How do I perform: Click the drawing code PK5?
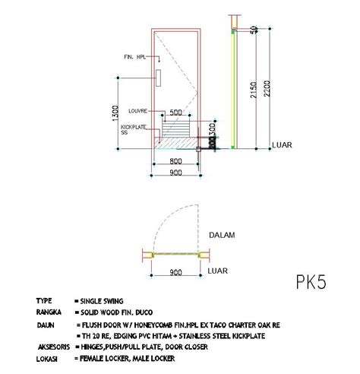311,283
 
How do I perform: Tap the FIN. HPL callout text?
135,57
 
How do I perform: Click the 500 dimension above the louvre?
175,113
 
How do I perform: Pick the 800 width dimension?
175,162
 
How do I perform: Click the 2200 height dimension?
263,90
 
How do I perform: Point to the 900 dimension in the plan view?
175,272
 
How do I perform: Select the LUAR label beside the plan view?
218,270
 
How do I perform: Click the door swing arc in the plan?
163,220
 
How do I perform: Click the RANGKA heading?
48,312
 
